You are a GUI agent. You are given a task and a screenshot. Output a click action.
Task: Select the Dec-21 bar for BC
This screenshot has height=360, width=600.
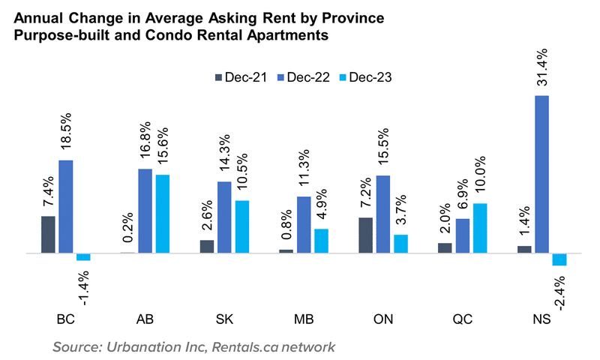coord(49,234)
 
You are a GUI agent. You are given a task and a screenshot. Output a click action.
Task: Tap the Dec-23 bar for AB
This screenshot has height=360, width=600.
coord(162,214)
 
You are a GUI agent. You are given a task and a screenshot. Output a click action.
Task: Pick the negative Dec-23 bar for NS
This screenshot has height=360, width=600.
coord(559,259)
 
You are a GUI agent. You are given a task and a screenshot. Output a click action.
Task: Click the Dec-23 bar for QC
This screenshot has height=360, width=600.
coord(481,228)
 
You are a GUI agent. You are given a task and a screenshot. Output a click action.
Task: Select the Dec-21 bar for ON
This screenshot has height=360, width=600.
coord(366,235)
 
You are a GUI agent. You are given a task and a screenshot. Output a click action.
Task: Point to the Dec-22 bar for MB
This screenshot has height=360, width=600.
coord(304,224)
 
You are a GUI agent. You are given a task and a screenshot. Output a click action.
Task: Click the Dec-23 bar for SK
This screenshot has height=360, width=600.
coord(242,226)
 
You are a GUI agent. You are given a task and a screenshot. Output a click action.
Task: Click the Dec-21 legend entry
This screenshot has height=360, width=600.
coord(241,76)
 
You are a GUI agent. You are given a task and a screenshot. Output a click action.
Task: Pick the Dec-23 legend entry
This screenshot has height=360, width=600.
coord(367,76)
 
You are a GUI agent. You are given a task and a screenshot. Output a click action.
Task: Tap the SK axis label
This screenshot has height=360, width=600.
coord(224,319)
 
